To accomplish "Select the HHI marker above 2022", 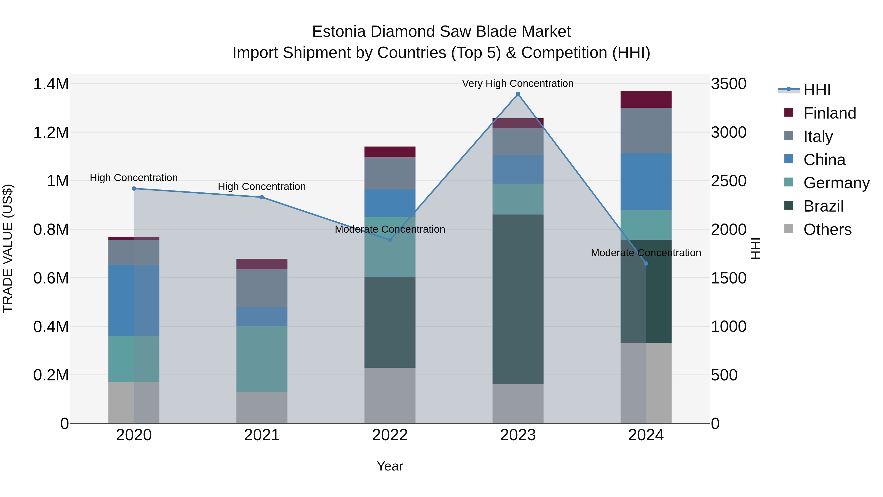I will pyautogui.click(x=390, y=240).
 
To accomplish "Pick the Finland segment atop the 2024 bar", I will pyautogui.click(x=646, y=99).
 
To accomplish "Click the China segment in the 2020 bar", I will pyautogui.click(x=134, y=300).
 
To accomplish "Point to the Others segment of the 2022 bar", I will pyautogui.click(x=390, y=395).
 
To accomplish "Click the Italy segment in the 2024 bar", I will pyautogui.click(x=646, y=131).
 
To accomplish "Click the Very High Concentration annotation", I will pyautogui.click(x=518, y=84).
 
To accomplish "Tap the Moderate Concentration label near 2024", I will pyautogui.click(x=646, y=253).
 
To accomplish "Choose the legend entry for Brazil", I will pyautogui.click(x=823, y=206).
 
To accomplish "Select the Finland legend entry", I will pyautogui.click(x=830, y=113).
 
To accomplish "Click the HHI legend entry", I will pyautogui.click(x=817, y=90).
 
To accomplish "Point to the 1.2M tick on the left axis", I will pyautogui.click(x=51, y=132).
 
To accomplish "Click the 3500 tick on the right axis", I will pyautogui.click(x=728, y=84).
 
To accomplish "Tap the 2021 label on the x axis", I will pyautogui.click(x=262, y=435).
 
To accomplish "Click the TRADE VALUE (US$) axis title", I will pyautogui.click(x=8, y=248).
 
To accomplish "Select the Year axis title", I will pyautogui.click(x=390, y=466).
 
